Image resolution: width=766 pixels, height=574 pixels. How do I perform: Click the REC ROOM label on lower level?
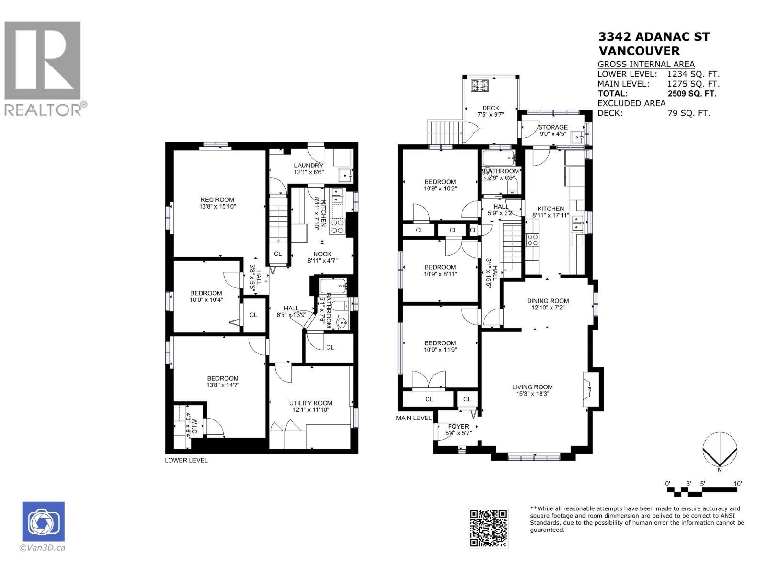(x=217, y=200)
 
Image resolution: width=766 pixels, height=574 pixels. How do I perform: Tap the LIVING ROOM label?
(x=532, y=387)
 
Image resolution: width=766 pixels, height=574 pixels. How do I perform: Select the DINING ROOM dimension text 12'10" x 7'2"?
(x=548, y=308)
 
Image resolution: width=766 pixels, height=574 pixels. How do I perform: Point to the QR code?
(x=488, y=528)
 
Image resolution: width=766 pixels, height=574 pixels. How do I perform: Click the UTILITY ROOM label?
(x=310, y=403)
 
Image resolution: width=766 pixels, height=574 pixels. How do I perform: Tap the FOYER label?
(x=458, y=426)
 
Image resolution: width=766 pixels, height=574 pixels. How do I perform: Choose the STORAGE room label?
(x=553, y=127)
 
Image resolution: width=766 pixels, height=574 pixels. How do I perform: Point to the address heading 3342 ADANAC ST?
(x=654, y=37)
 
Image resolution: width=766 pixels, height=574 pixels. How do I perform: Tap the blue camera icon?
(x=44, y=522)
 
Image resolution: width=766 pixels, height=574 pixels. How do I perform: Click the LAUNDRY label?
(x=308, y=166)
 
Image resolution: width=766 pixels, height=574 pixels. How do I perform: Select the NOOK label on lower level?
(x=322, y=254)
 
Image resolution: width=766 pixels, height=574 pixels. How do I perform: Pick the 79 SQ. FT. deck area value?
(x=688, y=113)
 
